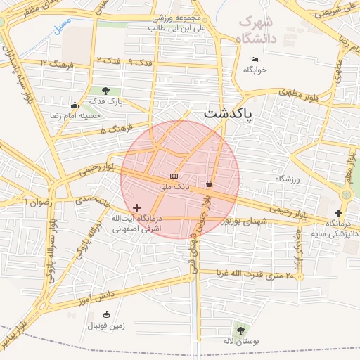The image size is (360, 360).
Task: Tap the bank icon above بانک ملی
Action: click(174, 176)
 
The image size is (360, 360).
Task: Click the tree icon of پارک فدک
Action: click(105, 91)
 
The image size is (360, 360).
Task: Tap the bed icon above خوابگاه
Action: click(255, 59)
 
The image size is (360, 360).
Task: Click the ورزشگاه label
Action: click(288, 179)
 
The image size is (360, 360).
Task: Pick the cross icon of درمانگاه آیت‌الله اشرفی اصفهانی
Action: click(136, 207)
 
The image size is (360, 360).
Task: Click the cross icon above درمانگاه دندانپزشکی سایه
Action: click(339, 213)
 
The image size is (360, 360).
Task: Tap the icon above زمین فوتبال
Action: click(106, 314)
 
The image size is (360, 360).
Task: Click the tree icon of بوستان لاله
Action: click(241, 329)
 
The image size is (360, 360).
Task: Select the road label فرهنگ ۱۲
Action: click(54, 63)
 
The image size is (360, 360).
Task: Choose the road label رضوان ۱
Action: click(39, 202)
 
